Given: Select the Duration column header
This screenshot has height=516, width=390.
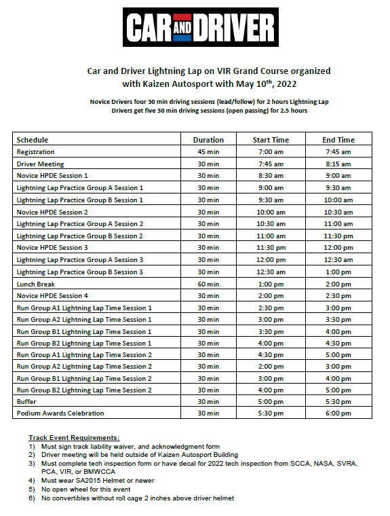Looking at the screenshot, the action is point(208,140).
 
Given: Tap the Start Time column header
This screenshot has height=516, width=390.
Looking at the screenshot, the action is point(271,140).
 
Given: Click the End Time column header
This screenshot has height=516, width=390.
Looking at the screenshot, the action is point(338,140).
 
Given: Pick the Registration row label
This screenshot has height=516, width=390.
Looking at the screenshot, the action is point(35,152).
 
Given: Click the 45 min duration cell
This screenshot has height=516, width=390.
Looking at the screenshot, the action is point(208,152).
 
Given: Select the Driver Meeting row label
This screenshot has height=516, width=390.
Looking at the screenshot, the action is point(40,164).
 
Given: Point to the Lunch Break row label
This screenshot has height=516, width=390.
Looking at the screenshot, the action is point(36,284).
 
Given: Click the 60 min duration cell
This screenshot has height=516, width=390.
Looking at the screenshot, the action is point(208,284).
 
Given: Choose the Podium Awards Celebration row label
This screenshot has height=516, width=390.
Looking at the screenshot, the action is point(60,413).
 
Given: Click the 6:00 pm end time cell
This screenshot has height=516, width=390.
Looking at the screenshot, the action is point(338,413).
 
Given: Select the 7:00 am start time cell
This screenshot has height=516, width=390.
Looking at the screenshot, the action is point(271,152).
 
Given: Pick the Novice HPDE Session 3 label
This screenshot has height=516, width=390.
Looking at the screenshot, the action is point(52,248).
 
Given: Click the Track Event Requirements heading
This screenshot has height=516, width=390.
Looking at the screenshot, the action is point(74,438).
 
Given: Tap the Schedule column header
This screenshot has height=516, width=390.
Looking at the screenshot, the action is point(33,140).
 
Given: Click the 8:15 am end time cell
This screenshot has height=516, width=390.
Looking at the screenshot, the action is point(338,164).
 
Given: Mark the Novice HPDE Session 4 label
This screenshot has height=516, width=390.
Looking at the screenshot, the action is point(52,295).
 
